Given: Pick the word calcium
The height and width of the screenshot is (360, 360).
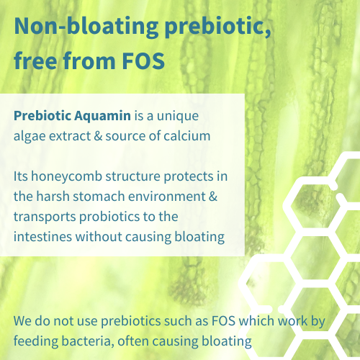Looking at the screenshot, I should coord(189,135).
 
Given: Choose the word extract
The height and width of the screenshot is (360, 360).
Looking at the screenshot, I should coord(69,135).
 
